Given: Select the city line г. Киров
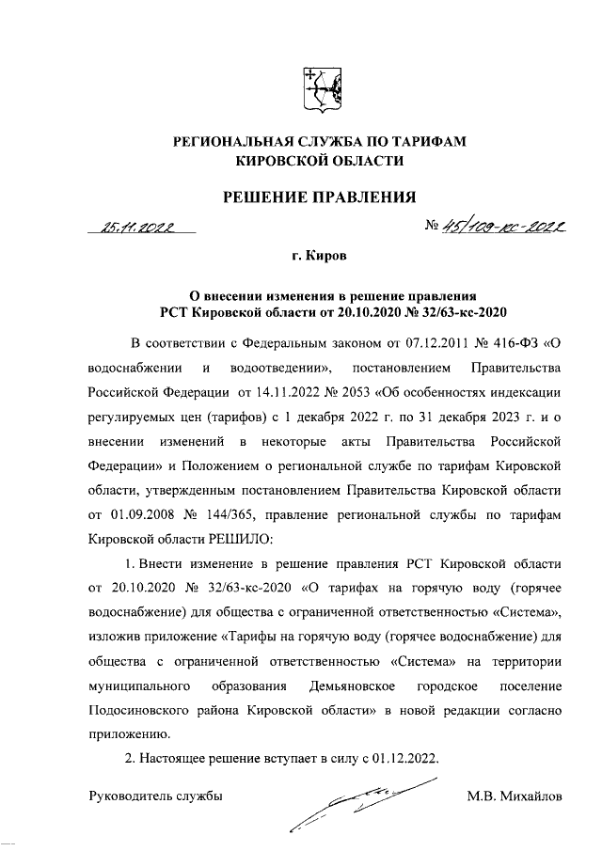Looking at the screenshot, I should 318,255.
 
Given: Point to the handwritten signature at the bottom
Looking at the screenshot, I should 362,804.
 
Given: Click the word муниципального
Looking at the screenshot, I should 141,686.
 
